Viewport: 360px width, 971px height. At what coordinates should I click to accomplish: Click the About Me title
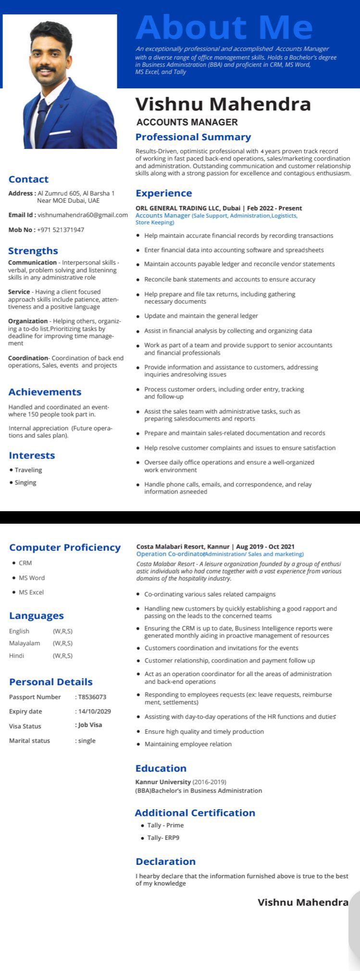(x=224, y=27)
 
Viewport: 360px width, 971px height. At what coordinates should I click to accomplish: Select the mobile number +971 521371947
(x=61, y=230)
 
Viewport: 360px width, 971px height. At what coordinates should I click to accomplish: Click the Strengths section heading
(x=33, y=251)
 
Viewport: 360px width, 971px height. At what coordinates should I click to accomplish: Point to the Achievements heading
(x=45, y=392)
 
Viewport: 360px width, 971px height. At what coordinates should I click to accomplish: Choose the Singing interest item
(x=25, y=482)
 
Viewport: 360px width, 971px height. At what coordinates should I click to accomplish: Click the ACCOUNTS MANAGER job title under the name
(x=187, y=122)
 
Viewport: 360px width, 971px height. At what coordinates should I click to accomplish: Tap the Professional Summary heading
(x=193, y=137)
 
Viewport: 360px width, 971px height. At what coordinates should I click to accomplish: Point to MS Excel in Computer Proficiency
(x=31, y=592)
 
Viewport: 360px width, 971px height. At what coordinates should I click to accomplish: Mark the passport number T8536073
(x=92, y=697)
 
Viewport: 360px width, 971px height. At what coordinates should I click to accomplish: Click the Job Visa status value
(x=90, y=725)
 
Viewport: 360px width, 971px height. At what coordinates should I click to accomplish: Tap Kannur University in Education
(x=163, y=782)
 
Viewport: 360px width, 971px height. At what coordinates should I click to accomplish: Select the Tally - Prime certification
(x=165, y=825)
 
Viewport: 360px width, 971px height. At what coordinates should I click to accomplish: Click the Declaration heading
(x=165, y=861)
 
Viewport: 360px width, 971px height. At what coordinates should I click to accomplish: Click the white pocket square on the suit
(x=60, y=132)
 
